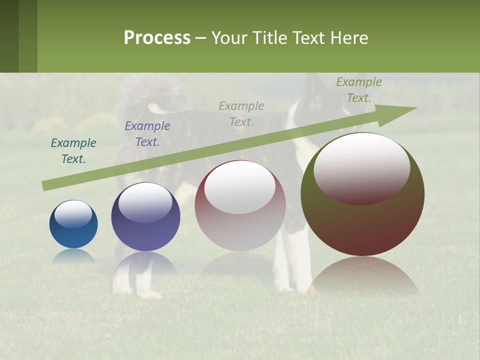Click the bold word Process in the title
157,38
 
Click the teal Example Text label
73,151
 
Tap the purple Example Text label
147,134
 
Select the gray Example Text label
241,114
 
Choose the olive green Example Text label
359,90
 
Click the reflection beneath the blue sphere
73,255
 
